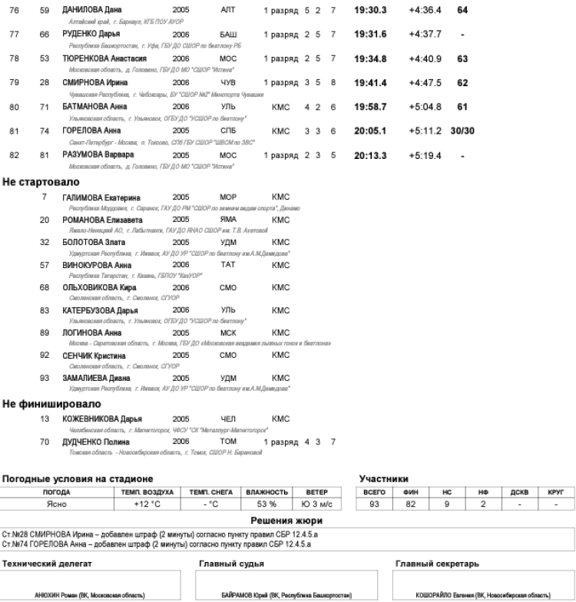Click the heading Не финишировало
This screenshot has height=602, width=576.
[x=51, y=403]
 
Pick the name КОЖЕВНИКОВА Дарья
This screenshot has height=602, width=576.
[x=102, y=418]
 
